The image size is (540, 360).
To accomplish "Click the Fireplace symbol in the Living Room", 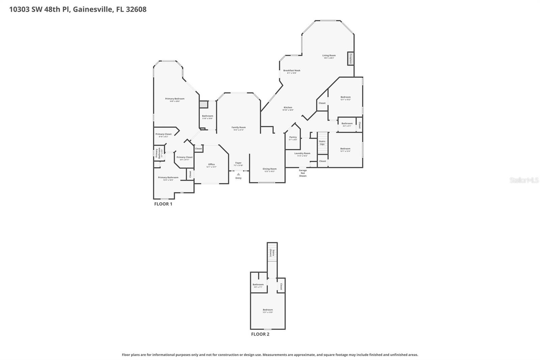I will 350,59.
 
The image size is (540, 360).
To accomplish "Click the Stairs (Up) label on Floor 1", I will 322,143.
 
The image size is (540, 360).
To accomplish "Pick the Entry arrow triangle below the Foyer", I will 238,174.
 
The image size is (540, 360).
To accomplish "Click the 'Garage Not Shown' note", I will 303,173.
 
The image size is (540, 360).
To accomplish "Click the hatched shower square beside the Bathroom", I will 204,105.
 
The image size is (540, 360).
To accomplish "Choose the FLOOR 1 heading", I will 163,204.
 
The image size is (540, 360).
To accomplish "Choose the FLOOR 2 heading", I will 260,334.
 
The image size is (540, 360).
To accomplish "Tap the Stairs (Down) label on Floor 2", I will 272,253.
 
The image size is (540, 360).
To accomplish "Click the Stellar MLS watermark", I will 524,180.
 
